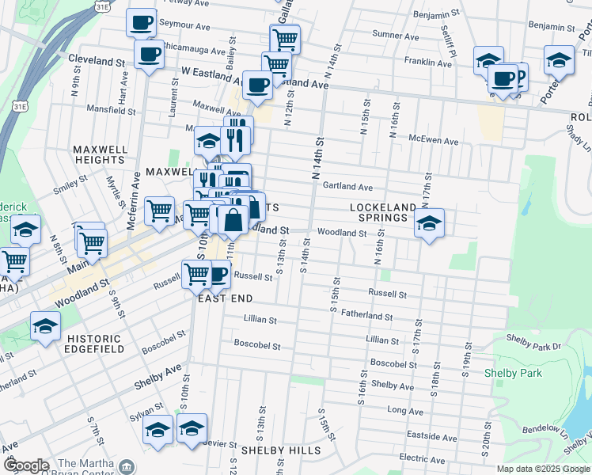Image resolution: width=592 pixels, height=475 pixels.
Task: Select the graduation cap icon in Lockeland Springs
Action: click(x=429, y=224)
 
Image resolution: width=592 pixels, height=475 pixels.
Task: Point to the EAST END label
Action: click(x=225, y=298)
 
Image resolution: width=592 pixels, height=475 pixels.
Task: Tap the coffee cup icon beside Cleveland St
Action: click(x=149, y=55)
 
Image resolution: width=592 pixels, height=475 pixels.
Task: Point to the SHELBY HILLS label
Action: click(x=281, y=450)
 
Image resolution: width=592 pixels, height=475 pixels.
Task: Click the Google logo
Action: click(x=25, y=465)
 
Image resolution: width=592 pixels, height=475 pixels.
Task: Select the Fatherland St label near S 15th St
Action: click(x=366, y=314)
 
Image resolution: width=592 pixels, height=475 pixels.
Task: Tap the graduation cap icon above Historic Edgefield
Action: click(x=45, y=325)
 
